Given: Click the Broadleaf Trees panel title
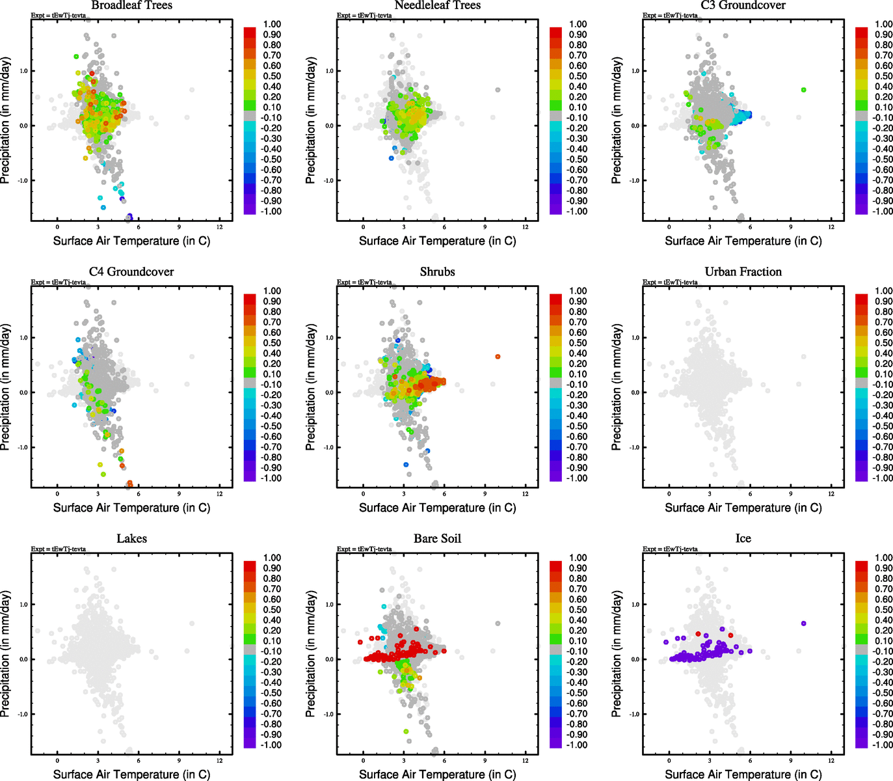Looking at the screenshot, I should click(132, 5).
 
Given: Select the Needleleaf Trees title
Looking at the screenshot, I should click(437, 5).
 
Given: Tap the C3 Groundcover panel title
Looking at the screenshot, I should click(743, 5).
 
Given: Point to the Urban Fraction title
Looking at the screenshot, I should click(743, 272).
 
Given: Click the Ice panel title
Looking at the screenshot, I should click(743, 539).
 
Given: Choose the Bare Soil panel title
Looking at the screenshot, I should click(437, 539).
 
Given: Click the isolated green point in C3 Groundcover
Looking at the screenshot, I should click(804, 90).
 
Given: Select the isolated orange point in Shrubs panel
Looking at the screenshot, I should click(498, 357).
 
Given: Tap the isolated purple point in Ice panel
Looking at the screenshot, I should click(804, 623).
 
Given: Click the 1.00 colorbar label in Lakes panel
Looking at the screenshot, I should click(272, 558).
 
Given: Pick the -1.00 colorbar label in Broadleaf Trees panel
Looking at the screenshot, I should click(272, 212).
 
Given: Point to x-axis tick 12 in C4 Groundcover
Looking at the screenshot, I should click(219, 494).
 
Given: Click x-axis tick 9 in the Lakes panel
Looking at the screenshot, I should click(179, 761).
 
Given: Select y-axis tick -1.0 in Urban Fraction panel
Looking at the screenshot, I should click(635, 448).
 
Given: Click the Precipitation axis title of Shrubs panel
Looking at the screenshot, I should click(311, 387).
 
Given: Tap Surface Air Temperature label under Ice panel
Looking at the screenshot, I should click(743, 774).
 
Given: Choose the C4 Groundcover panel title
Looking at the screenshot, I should click(131, 272).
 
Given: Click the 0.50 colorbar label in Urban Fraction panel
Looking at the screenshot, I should click(883, 343).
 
